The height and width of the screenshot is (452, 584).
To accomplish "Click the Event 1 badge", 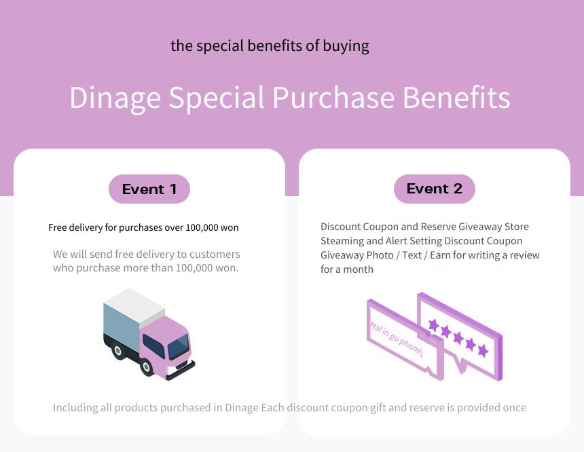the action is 149,189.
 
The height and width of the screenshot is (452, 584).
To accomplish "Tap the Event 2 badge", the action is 435,189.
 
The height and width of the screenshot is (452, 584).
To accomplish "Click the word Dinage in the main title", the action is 115,98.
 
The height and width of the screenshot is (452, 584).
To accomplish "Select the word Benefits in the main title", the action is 456,97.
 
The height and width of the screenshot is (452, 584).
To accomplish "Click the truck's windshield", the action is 179,347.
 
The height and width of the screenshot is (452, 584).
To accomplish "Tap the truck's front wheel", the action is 147,367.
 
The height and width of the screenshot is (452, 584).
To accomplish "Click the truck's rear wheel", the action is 117,350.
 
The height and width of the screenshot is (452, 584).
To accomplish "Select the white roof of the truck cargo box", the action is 134,304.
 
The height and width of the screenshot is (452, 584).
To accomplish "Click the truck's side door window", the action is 153,346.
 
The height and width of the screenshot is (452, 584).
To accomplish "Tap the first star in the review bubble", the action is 433,324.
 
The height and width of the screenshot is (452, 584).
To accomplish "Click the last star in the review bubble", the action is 483,350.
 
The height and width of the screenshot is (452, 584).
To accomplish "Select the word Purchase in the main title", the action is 333,97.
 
